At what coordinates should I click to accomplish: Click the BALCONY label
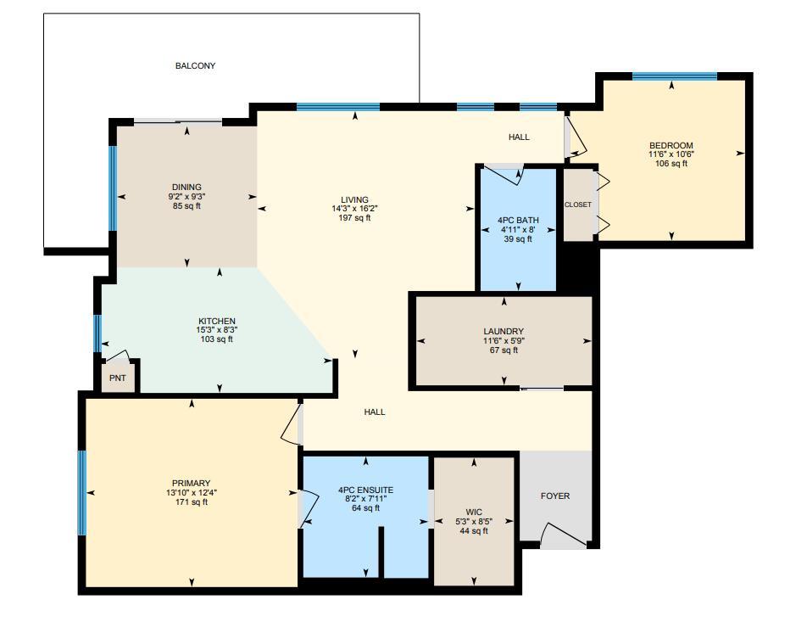pyautogui.click(x=195, y=66)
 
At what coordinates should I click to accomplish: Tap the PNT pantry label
pyautogui.click(x=117, y=378)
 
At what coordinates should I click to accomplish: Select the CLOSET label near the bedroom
pyautogui.click(x=578, y=204)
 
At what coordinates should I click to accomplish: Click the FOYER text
pyautogui.click(x=555, y=496)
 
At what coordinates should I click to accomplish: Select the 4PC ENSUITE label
pyautogui.click(x=365, y=490)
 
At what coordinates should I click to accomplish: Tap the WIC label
pyautogui.click(x=474, y=512)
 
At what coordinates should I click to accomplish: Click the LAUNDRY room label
pyautogui.click(x=504, y=332)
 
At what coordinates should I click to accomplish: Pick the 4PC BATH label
pyautogui.click(x=518, y=221)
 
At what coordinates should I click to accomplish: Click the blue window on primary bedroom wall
pyautogui.click(x=82, y=493)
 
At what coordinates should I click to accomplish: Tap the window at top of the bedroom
pyautogui.click(x=675, y=76)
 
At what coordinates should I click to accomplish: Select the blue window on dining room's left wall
pyautogui.click(x=112, y=188)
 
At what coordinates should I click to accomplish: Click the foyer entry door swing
pyautogui.click(x=561, y=535)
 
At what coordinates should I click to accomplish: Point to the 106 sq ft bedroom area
pyautogui.click(x=671, y=164)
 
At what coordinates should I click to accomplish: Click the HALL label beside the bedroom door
pyautogui.click(x=519, y=137)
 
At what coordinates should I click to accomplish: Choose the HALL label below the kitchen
pyautogui.click(x=375, y=412)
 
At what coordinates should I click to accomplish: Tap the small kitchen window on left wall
pyautogui.click(x=97, y=333)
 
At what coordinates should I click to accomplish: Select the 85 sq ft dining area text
pyautogui.click(x=186, y=206)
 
